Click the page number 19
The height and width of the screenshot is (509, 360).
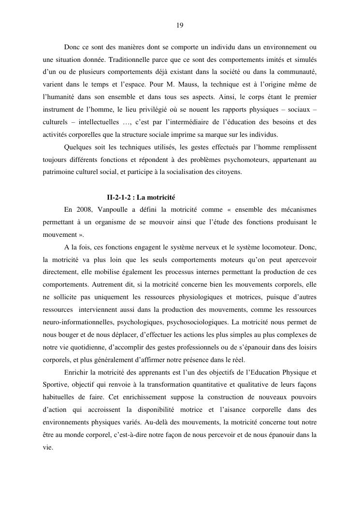coord(180,25)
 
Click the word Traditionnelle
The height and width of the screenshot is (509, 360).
coord(130,60)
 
